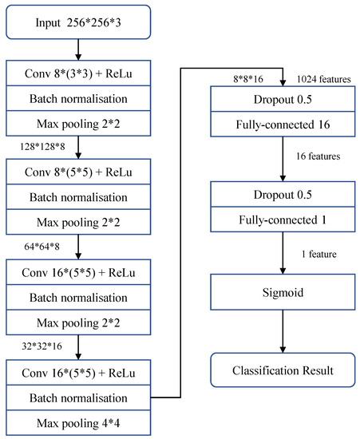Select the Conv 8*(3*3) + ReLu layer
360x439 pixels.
[77, 77]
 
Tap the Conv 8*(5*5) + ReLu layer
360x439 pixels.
[77, 172]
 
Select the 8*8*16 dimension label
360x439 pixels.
[247, 81]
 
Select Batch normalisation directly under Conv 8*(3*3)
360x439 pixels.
[77, 101]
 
